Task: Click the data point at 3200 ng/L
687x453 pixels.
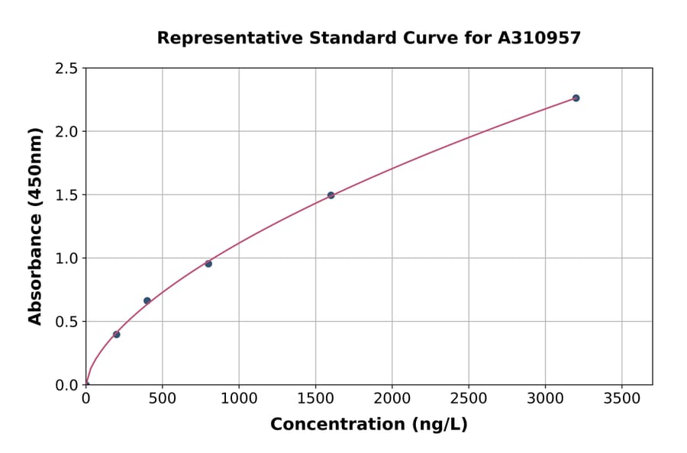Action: pyautogui.click(x=576, y=98)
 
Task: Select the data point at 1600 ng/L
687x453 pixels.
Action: pyautogui.click(x=331, y=195)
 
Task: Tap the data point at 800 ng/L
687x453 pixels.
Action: pyautogui.click(x=208, y=263)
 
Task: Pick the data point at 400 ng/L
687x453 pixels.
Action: pyautogui.click(x=147, y=300)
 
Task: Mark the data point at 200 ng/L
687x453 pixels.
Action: pyautogui.click(x=116, y=334)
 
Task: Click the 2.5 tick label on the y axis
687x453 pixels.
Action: pyautogui.click(x=67, y=69)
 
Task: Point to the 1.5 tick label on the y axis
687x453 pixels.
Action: pyautogui.click(x=67, y=195)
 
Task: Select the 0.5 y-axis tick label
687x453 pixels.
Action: pyautogui.click(x=67, y=322)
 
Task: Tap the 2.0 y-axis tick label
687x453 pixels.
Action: pyautogui.click(x=67, y=132)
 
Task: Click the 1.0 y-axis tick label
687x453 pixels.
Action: pyautogui.click(x=67, y=259)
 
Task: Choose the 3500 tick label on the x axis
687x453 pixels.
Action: pyautogui.click(x=622, y=398)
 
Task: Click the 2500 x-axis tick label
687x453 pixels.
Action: pyautogui.click(x=469, y=398)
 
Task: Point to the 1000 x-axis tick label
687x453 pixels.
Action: pyautogui.click(x=239, y=398)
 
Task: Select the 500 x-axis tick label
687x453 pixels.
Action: pyautogui.click(x=162, y=398)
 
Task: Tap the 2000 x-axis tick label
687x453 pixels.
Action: pyautogui.click(x=392, y=398)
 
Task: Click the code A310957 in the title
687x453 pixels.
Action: pyautogui.click(x=539, y=37)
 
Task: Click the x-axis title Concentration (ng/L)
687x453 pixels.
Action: pyautogui.click(x=369, y=424)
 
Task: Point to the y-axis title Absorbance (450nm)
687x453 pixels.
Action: pyautogui.click(x=35, y=226)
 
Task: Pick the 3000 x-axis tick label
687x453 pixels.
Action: pyautogui.click(x=545, y=398)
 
